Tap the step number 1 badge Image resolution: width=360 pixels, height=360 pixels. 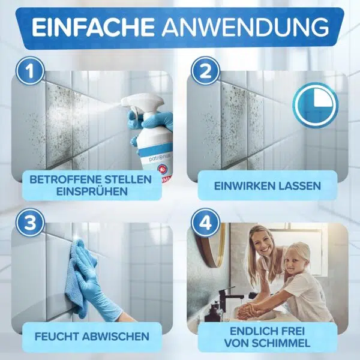click(x=30, y=71)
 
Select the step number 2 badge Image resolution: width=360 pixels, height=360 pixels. click(x=205, y=71)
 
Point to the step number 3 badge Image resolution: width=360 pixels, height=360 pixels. click(x=30, y=222)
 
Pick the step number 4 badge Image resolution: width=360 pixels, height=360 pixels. click(x=205, y=222)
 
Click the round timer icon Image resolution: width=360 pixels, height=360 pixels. click(x=315, y=105)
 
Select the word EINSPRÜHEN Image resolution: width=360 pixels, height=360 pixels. click(x=92, y=191)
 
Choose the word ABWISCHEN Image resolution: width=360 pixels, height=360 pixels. click(x=116, y=337)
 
